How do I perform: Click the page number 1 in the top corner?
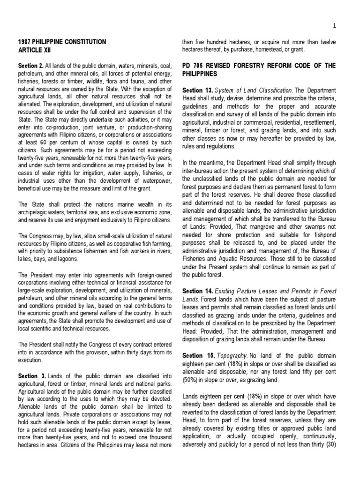(x=335, y=25)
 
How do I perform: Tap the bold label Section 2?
(x=32, y=66)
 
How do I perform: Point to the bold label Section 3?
(x=32, y=376)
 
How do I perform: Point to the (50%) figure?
(x=190, y=380)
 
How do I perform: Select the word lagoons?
(x=67, y=258)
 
